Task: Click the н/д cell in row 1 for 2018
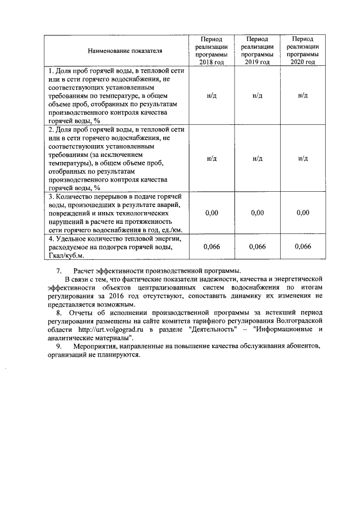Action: coord(211,96)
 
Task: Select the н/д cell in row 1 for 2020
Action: coord(303,96)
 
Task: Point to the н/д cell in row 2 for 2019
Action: coord(257,159)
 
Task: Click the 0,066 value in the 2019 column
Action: coord(257,247)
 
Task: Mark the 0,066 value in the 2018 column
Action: coord(211,247)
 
